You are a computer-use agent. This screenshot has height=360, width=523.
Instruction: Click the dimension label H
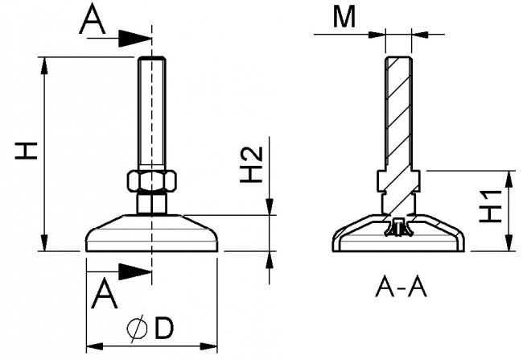point(26,150)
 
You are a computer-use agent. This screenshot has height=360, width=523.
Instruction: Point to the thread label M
point(344,19)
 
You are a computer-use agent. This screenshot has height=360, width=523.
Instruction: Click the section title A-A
point(399,287)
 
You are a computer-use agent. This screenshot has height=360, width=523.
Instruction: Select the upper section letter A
point(93,22)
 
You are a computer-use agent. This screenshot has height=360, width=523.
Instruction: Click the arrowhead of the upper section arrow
point(141,36)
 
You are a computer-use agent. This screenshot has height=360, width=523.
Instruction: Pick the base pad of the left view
point(151,235)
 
